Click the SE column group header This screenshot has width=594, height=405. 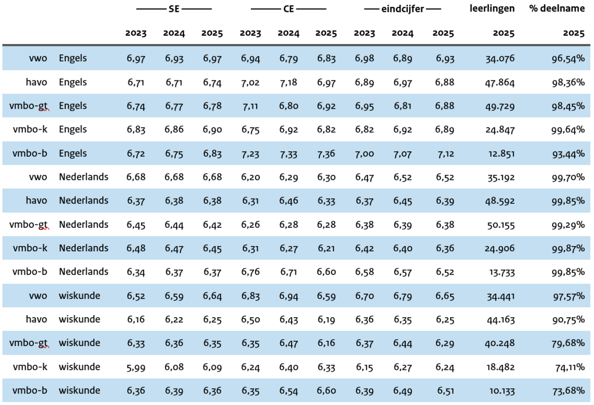[x=174, y=9]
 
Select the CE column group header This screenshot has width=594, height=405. [x=289, y=9]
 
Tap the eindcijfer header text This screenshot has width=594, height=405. [x=402, y=9]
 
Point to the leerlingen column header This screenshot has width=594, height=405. [x=492, y=8]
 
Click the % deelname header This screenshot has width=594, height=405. [x=557, y=8]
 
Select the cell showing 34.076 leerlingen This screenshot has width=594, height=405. [x=500, y=59]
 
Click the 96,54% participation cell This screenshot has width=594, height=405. [x=568, y=59]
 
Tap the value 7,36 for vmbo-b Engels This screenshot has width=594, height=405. [x=326, y=153]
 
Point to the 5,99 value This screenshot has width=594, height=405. [x=136, y=367]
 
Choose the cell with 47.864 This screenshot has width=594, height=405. [x=500, y=82]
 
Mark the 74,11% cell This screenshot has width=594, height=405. [x=568, y=367]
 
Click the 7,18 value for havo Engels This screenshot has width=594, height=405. [x=288, y=82]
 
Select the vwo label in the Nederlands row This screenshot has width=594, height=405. [x=37, y=177]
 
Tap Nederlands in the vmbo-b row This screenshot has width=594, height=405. [x=83, y=272]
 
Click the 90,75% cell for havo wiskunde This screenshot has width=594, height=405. [x=568, y=319]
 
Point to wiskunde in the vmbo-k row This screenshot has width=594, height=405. [x=79, y=367]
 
